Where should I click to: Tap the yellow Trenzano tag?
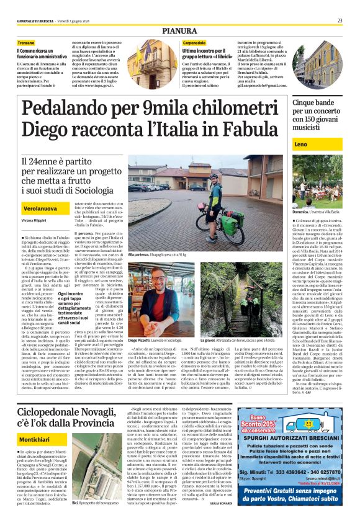click(22, 42)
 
